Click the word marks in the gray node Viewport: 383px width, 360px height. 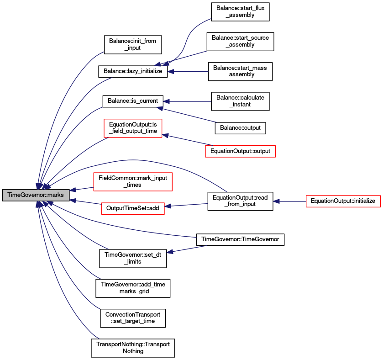(55, 195)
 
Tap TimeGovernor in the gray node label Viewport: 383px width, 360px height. (25, 195)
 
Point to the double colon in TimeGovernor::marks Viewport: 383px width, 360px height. (45, 195)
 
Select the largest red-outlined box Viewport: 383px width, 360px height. (132, 182)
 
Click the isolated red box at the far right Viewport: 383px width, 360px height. (343, 201)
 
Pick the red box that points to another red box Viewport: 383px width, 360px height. (240, 151)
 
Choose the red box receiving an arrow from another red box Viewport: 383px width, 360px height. (133, 128)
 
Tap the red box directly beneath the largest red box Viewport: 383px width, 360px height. (132, 208)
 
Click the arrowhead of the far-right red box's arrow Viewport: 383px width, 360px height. (276, 201)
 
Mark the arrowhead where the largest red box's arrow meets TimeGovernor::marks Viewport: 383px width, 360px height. (73, 190)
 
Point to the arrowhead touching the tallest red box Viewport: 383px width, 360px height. (166, 135)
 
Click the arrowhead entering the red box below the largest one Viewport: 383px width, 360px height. (168, 206)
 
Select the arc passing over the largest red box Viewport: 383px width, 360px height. (132, 160)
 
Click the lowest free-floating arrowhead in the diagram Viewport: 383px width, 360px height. (170, 252)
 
